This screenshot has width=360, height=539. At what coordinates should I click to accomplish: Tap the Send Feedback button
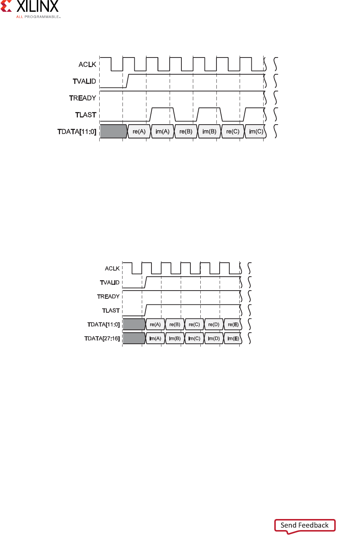tap(305, 525)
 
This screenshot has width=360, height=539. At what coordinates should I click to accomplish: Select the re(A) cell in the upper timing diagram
tap(139, 131)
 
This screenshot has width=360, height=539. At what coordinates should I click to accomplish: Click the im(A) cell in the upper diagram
tap(162, 131)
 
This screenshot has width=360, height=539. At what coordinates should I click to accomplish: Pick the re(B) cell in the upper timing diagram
tap(186, 131)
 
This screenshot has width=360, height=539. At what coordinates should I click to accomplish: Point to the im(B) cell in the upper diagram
tap(209, 131)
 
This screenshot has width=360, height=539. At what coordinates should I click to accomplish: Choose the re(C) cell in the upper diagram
tap(233, 131)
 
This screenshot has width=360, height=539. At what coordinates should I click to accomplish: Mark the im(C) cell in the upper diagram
tap(256, 131)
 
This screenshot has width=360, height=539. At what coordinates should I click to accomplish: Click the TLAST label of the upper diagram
tap(86, 115)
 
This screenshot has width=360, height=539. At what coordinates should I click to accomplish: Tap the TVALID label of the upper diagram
tap(84, 81)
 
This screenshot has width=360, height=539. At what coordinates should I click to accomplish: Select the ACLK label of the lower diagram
tap(112, 268)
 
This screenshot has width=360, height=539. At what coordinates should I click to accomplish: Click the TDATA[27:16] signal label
tap(102, 338)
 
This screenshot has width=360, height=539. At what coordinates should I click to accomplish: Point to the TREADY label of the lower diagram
tap(108, 297)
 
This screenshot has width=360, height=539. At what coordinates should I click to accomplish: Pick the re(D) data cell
tap(214, 324)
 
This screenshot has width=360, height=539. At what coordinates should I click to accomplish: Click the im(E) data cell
tap(233, 338)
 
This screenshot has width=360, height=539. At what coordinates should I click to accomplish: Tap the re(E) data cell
tap(233, 324)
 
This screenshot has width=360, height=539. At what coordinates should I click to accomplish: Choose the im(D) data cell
tap(214, 338)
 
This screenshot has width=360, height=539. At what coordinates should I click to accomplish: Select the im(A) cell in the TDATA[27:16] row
tap(155, 338)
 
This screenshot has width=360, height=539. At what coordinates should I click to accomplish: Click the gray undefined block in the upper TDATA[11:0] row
tap(113, 131)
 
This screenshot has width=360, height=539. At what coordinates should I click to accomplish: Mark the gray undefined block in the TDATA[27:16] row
tap(134, 338)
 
